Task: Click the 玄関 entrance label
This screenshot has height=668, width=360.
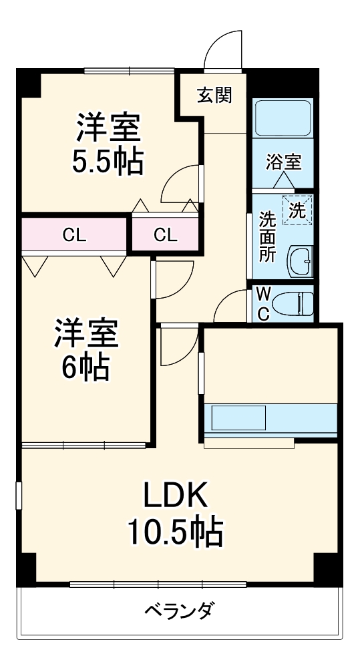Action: [x=214, y=96]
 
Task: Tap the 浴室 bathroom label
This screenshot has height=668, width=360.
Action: [x=283, y=161]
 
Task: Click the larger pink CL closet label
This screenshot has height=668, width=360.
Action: [x=73, y=234]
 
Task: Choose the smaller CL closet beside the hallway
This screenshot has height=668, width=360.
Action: [x=165, y=234]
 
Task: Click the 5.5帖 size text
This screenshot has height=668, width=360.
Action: [x=108, y=162]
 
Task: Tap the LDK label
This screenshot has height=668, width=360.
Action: [x=175, y=496]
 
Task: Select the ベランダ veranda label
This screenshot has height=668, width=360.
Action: [x=179, y=609]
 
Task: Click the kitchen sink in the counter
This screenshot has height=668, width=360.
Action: [x=239, y=418]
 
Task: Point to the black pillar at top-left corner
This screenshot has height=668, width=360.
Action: [x=27, y=83]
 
